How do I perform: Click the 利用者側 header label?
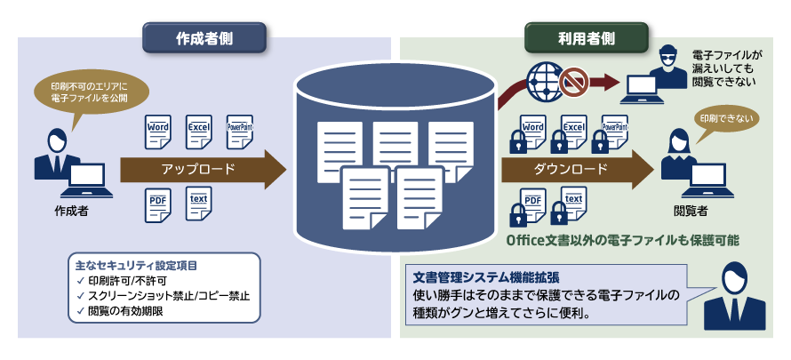(586, 38)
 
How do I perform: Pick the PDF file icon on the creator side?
(158, 204)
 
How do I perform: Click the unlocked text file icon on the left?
(199, 204)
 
